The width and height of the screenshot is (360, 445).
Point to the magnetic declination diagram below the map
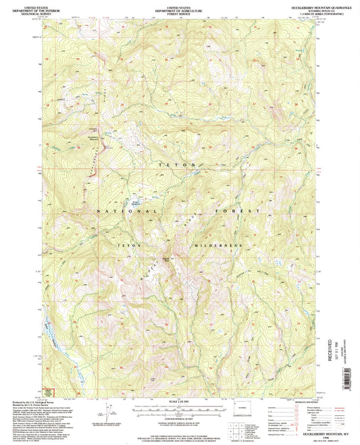108,414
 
